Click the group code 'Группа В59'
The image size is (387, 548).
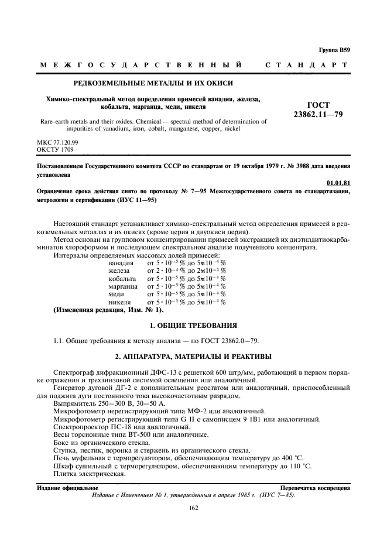pos(335,52)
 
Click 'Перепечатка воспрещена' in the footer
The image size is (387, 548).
pos(315,487)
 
